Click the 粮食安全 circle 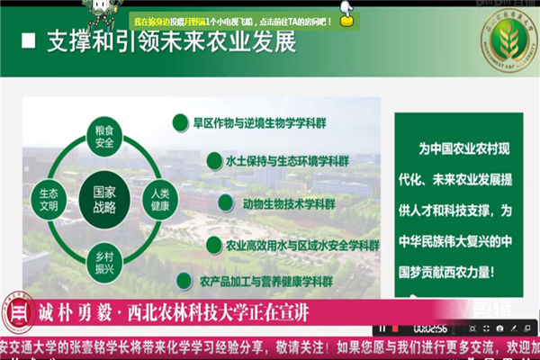coord(103,136)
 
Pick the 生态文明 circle coord(49,199)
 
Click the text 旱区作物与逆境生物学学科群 coord(254,120)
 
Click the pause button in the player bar coord(386,328)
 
